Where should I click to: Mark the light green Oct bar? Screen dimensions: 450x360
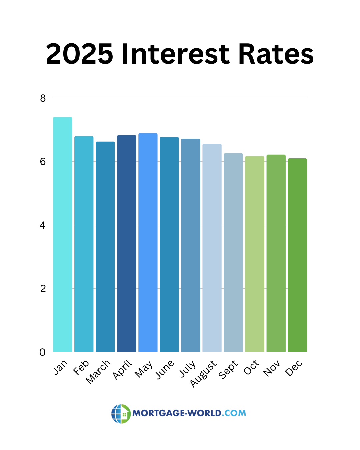[x=255, y=254]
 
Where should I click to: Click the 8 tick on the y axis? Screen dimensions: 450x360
[x=43, y=98]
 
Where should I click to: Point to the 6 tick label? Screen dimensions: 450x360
[x=43, y=162]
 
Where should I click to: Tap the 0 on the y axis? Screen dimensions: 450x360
[x=43, y=352]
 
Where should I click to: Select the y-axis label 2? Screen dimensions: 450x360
[x=43, y=289]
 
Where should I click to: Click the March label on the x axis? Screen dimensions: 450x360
[x=98, y=371]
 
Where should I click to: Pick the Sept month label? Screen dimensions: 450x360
[x=228, y=369]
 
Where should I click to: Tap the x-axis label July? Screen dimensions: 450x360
[x=188, y=369]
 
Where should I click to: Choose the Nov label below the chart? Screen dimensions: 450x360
[x=272, y=368]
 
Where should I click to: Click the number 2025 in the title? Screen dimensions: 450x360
[x=79, y=54]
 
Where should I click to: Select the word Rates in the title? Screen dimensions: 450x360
[x=276, y=54]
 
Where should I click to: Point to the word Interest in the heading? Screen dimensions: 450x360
[x=176, y=54]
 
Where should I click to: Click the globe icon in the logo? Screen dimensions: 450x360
[x=121, y=414]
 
